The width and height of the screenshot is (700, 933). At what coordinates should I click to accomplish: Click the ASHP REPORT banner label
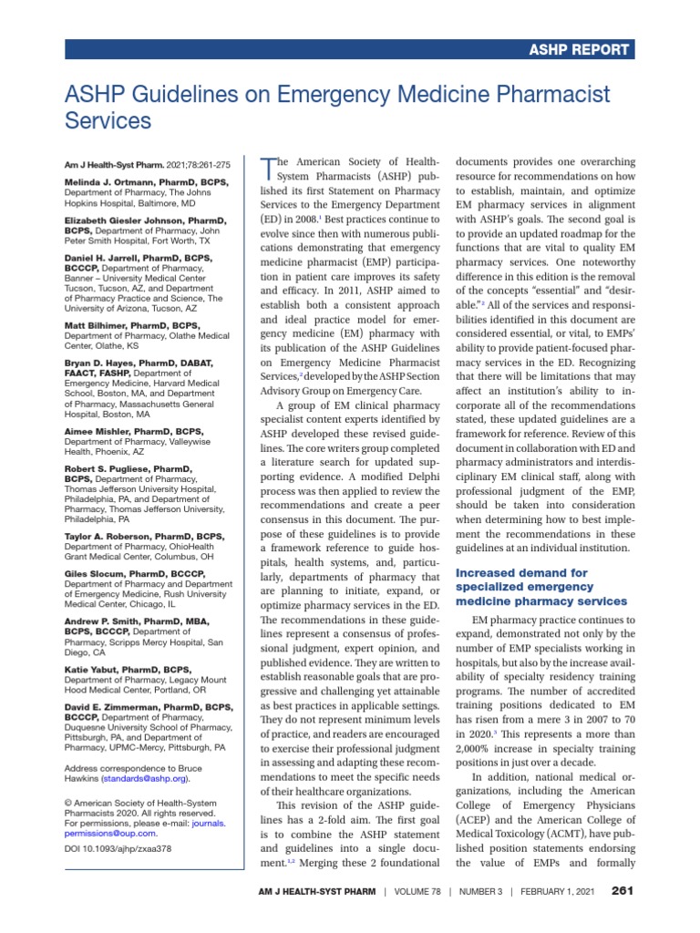click(x=581, y=50)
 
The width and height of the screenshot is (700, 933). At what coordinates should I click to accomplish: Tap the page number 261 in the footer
click(x=623, y=889)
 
